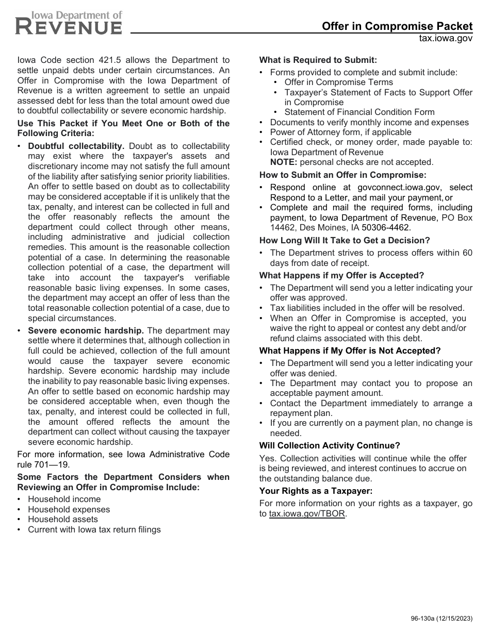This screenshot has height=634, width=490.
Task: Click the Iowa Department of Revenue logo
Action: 69,23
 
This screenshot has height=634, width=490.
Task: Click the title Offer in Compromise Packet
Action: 397,26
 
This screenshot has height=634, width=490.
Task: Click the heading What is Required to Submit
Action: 318,60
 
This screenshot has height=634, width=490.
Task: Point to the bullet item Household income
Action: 64,499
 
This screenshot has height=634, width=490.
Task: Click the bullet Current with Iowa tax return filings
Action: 94,529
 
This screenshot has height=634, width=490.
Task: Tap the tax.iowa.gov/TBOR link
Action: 307,513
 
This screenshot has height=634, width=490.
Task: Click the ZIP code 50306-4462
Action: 386,227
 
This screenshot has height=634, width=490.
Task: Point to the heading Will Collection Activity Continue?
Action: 329,445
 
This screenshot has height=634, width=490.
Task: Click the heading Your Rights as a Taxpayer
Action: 315,491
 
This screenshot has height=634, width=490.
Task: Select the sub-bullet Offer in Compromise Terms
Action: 338,82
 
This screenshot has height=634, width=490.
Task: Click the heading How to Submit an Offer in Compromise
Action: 342,175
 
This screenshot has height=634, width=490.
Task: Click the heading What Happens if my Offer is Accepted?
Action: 341,275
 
